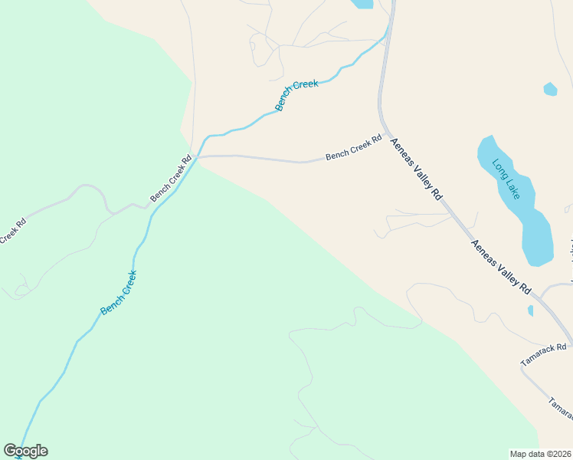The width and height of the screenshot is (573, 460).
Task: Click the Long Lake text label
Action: (506, 179)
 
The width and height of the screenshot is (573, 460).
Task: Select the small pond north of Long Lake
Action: (550, 89)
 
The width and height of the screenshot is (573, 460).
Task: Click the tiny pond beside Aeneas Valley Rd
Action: (530, 310)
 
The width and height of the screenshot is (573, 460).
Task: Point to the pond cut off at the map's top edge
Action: (362, 3)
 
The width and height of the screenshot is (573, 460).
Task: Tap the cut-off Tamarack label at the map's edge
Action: (561, 409)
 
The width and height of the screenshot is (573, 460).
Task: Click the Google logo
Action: (25, 451)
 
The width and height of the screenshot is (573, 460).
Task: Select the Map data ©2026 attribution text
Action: (541, 454)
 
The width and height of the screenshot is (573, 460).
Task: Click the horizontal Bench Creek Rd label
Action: (353, 148)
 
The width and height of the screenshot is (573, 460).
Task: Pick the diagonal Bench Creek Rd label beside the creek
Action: (171, 179)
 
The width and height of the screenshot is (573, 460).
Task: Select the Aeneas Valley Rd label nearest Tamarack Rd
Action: (501, 268)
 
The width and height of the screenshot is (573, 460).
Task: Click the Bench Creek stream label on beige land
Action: (296, 95)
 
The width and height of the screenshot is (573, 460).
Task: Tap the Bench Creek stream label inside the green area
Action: (119, 292)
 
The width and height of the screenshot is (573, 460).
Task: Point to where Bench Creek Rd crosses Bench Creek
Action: (197, 157)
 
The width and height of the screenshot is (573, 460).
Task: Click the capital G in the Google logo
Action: (10, 451)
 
